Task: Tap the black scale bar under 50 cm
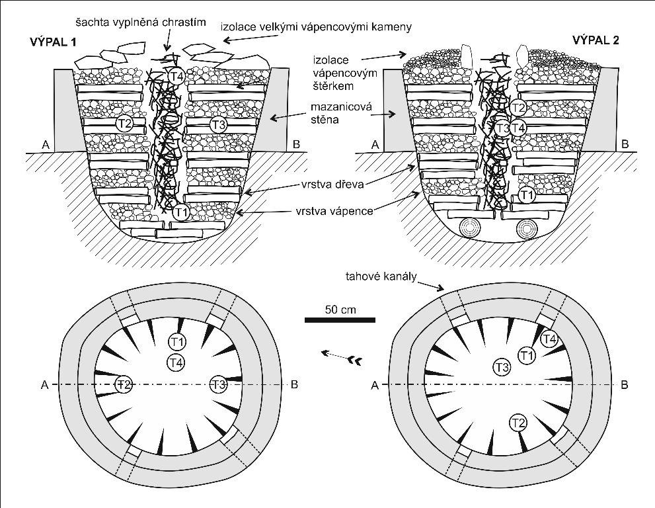(x=340, y=320)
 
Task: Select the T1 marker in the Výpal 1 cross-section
(x=181, y=212)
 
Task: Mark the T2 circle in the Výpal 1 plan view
(x=124, y=384)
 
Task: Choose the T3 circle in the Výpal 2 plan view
(x=501, y=367)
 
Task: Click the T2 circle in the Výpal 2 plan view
(x=519, y=422)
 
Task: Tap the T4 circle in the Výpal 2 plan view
(x=549, y=339)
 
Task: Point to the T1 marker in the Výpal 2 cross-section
(x=526, y=194)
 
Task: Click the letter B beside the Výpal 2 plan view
(x=625, y=384)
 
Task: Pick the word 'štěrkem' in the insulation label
(x=346, y=85)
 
